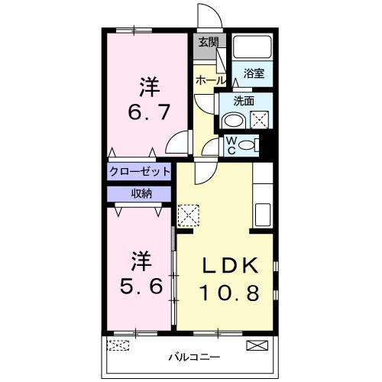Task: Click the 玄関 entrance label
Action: click(208, 42)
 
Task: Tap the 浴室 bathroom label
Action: click(254, 74)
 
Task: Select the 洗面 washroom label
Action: click(244, 99)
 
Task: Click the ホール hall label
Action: click(210, 80)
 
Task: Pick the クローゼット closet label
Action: click(140, 171)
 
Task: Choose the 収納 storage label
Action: click(140, 194)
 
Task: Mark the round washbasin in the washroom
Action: click(233, 121)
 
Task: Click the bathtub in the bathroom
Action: click(252, 48)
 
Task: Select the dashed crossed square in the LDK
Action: click(188, 215)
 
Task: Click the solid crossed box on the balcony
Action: click(257, 345)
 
